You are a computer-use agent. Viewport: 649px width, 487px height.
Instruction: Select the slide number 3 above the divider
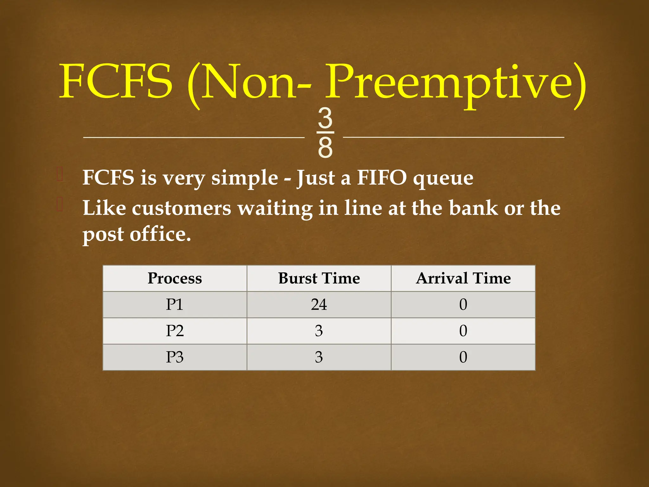point(325,118)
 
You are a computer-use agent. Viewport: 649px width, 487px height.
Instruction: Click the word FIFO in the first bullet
point(382,178)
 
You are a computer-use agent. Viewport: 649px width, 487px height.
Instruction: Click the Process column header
point(175,278)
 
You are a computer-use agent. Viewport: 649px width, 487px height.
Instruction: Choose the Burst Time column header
point(319,278)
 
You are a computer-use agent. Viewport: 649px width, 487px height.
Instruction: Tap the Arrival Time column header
point(463,278)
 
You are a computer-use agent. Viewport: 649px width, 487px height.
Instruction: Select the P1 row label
point(175,305)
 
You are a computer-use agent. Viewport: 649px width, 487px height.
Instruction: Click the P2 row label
point(175,331)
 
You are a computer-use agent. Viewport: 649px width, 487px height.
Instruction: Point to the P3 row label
point(175,357)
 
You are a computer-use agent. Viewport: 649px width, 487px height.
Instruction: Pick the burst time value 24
point(319,305)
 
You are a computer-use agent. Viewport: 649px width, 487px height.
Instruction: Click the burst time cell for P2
point(319,331)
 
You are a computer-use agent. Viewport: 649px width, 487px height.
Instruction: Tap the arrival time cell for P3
point(463,357)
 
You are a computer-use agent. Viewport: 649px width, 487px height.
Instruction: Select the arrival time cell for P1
point(463,305)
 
